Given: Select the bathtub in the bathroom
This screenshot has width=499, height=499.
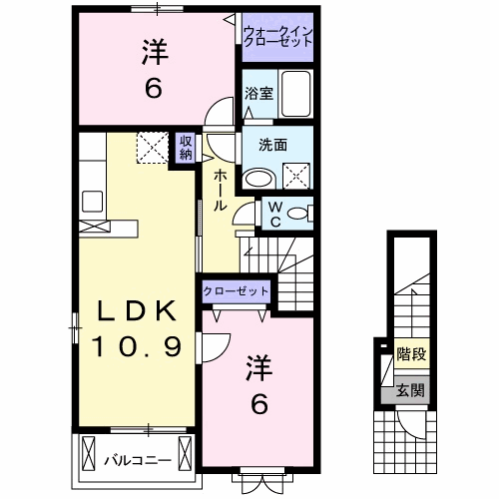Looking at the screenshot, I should click(x=296, y=95).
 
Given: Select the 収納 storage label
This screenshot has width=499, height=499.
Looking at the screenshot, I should click(x=187, y=148).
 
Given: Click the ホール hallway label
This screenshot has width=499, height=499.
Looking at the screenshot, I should click(x=219, y=190).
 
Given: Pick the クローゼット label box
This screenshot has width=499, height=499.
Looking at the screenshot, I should click(x=237, y=289).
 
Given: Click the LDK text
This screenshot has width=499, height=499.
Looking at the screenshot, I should click(x=138, y=312).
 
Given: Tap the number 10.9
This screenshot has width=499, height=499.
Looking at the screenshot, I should click(x=138, y=347).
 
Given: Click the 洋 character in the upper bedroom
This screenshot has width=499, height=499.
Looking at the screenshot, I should click(x=153, y=50).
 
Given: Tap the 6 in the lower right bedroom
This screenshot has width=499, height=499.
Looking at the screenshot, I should click(x=258, y=404).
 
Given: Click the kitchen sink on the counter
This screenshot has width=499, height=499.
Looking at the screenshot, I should click(x=92, y=200).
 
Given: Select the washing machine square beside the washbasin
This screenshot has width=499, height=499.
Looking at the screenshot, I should click(x=296, y=178).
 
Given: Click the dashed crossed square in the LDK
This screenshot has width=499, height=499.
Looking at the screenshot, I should click(x=155, y=149).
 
